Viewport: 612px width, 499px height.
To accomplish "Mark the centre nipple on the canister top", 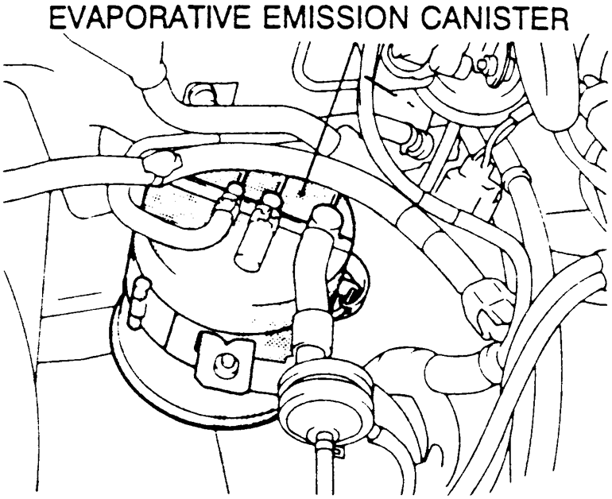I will point(270,202).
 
